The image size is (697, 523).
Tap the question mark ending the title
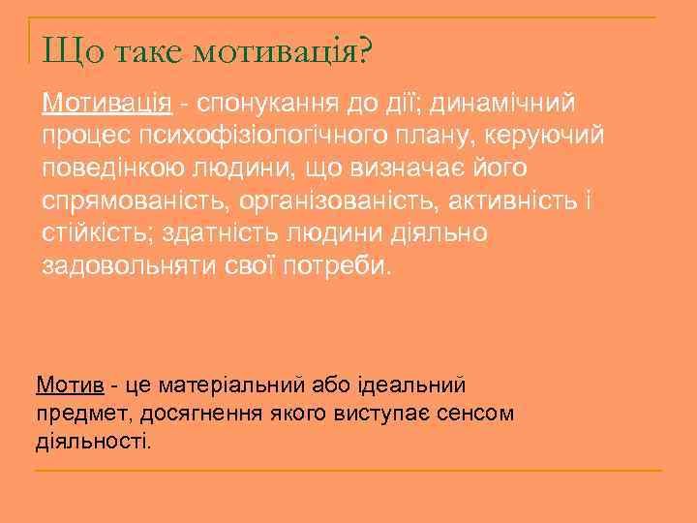click(x=362, y=48)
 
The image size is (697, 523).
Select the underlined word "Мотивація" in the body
click(x=106, y=102)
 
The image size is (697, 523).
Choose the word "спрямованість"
click(x=132, y=201)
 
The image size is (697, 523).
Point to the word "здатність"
click(x=236, y=234)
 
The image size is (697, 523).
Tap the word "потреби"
click(x=338, y=267)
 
